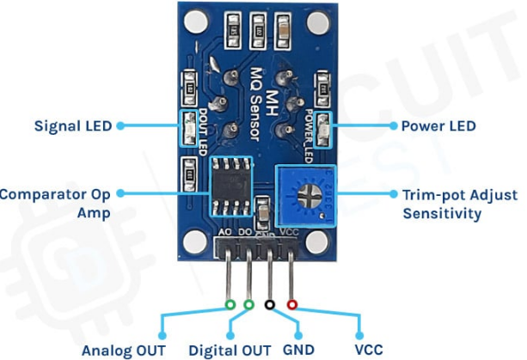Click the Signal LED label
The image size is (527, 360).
click(73, 125)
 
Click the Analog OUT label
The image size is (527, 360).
click(126, 350)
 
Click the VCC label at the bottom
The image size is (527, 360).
click(371, 350)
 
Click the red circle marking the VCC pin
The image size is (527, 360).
click(292, 304)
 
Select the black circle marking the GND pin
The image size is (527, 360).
click(271, 304)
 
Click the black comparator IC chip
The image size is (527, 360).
click(230, 186)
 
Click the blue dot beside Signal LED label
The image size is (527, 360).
click(119, 125)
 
